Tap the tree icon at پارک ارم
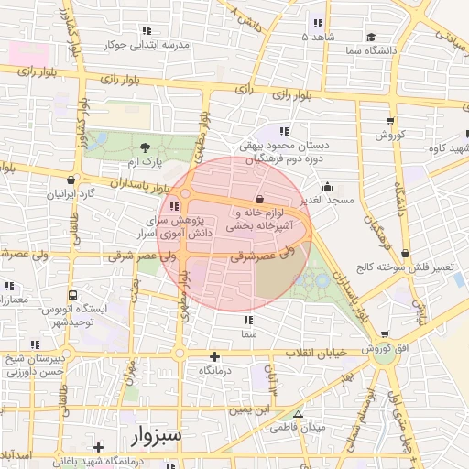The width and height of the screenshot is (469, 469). click(x=144, y=147)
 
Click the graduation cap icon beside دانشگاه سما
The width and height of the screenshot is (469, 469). click(x=371, y=37)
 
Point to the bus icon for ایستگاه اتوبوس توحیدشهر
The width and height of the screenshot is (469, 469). click(x=72, y=296)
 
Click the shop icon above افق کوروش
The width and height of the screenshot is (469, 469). click(x=384, y=334)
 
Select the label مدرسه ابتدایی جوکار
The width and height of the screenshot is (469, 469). click(x=147, y=43)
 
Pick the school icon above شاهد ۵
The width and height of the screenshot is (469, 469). click(x=318, y=23)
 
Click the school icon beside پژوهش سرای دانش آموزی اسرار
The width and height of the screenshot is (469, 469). click(x=174, y=207)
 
